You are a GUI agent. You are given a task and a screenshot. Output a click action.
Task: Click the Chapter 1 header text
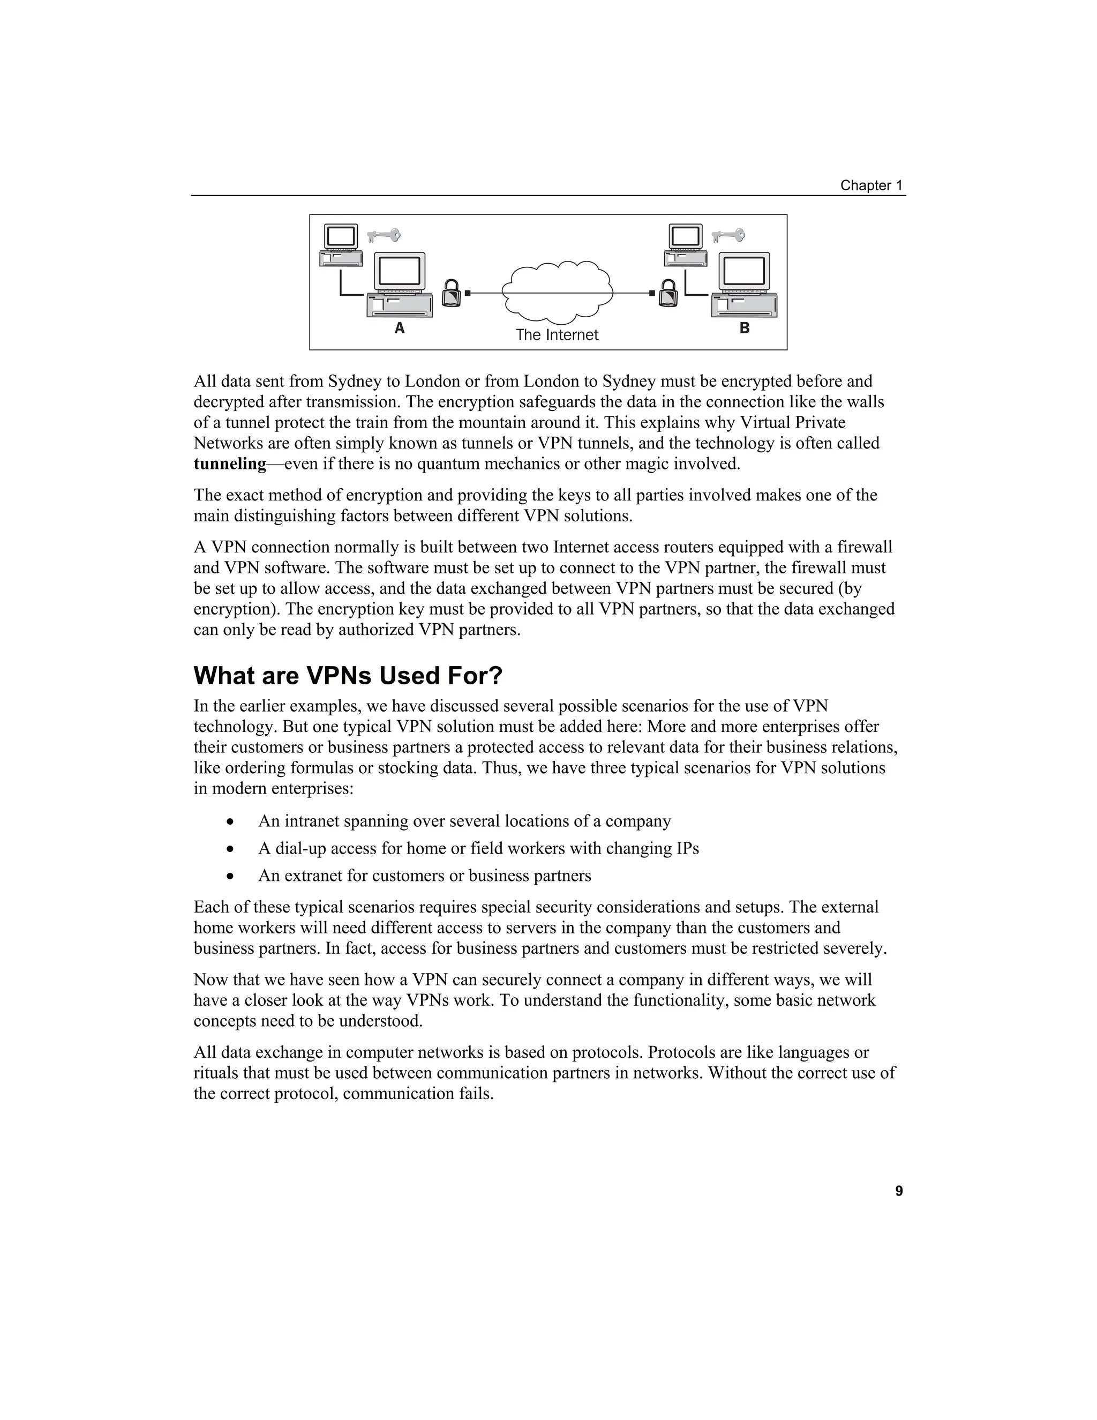coord(871,185)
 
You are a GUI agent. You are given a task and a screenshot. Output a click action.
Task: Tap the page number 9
coord(899,1191)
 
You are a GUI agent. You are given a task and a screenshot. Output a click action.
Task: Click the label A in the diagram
coord(400,328)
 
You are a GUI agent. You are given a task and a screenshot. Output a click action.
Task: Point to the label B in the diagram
coord(744,328)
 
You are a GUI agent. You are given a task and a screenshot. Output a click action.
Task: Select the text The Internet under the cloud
coord(557,335)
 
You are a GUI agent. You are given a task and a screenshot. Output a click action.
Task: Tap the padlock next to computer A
coord(451,293)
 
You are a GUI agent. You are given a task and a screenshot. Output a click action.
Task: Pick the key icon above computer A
coord(384,235)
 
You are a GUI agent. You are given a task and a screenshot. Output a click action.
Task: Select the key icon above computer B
coord(728,235)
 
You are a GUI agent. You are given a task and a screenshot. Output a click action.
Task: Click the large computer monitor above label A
coord(399,271)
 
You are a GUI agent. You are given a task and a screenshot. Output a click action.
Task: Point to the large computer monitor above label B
coord(744,271)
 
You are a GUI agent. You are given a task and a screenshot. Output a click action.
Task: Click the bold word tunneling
coord(230,464)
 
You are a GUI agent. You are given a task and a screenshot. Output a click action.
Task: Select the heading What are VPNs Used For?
coord(348,676)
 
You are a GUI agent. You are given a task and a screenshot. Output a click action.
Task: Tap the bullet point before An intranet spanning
coord(230,822)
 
